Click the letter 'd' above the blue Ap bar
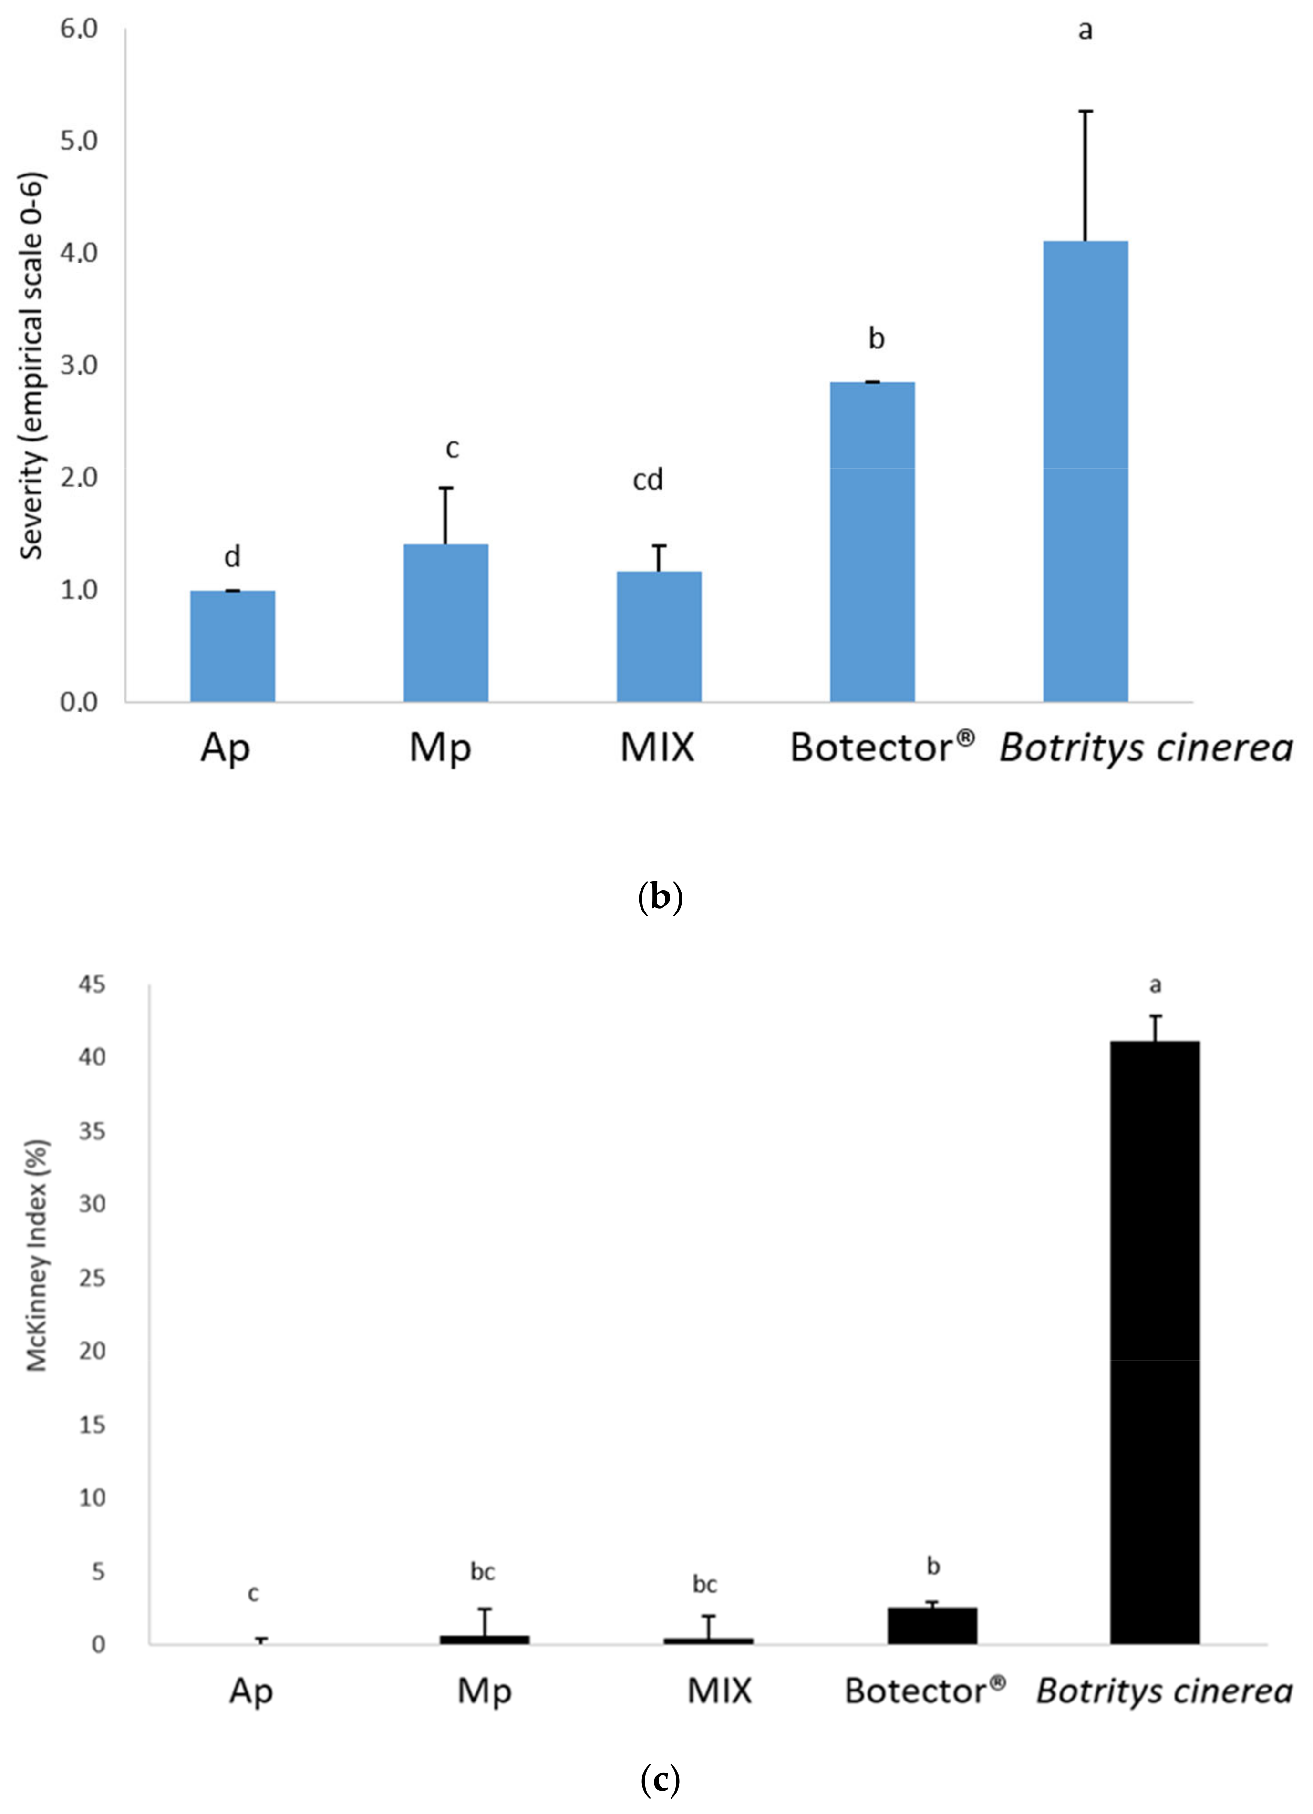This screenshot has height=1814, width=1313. pyautogui.click(x=232, y=557)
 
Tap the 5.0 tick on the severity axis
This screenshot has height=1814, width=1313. pyautogui.click(x=78, y=141)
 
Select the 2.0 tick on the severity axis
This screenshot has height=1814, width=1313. pyautogui.click(x=78, y=478)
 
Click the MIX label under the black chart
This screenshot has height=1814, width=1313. pyautogui.click(x=719, y=1691)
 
